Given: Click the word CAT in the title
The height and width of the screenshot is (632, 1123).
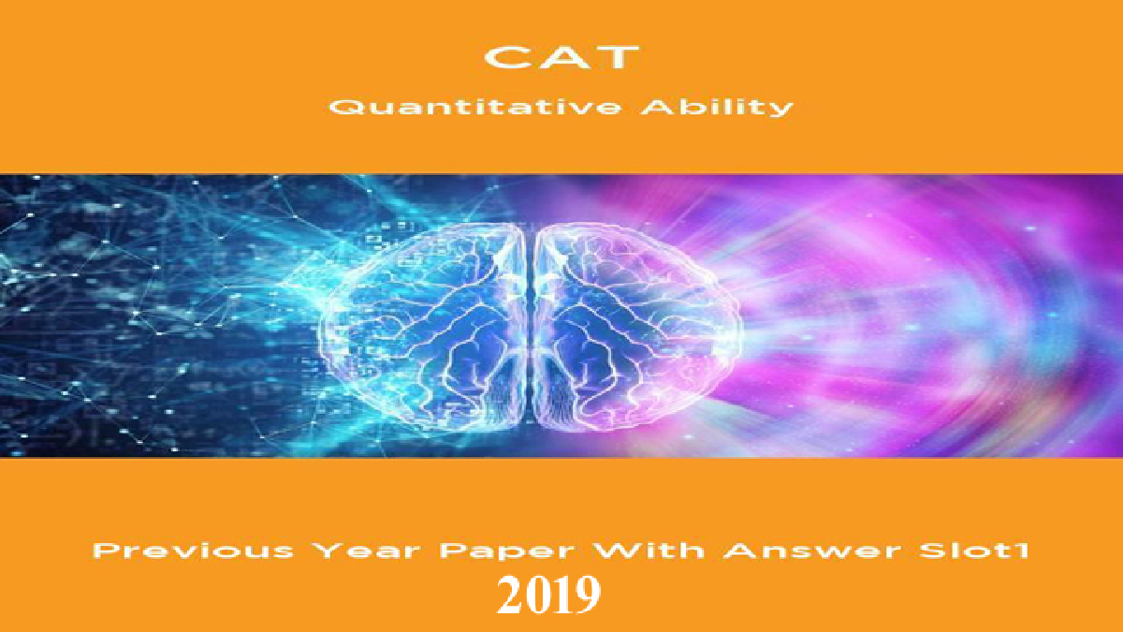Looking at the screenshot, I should point(561,58).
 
